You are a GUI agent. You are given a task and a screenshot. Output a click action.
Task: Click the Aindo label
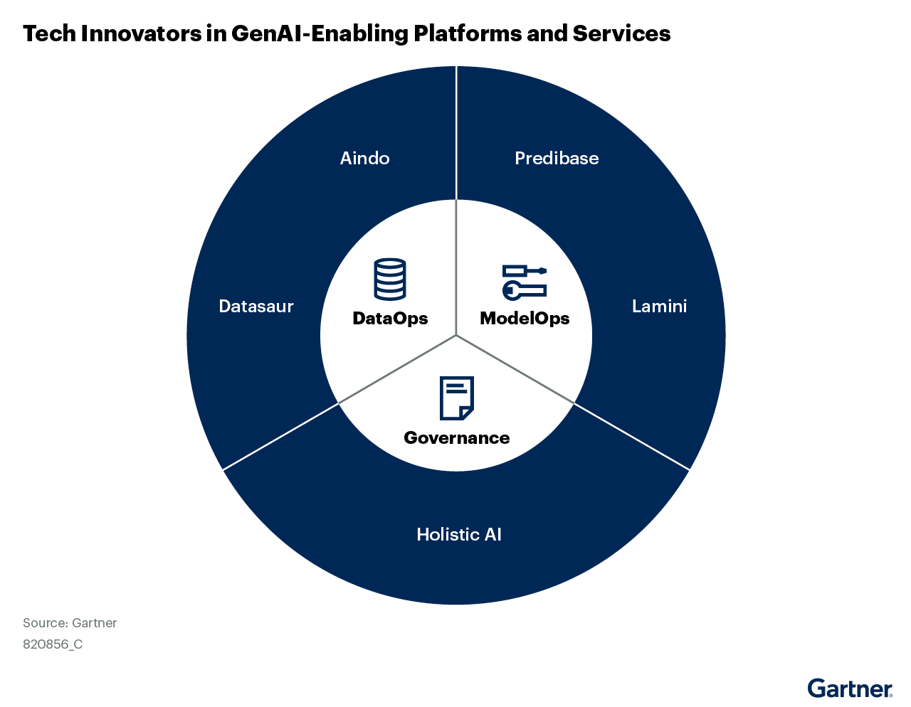pyautogui.click(x=364, y=158)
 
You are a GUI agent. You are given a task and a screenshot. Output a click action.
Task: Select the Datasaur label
pyautogui.click(x=256, y=307)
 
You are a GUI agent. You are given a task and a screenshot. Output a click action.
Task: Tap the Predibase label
pyautogui.click(x=557, y=158)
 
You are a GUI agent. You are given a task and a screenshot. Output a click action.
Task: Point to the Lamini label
pyautogui.click(x=659, y=307)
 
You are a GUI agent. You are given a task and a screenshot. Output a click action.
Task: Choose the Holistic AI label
pyautogui.click(x=459, y=534)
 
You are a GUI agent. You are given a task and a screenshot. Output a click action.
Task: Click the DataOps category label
pyautogui.click(x=390, y=318)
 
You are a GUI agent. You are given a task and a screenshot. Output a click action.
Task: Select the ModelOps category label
pyautogui.click(x=525, y=318)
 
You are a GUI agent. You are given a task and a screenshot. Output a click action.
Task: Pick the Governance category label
pyautogui.click(x=456, y=437)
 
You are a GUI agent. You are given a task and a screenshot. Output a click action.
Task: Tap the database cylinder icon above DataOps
pyautogui.click(x=390, y=279)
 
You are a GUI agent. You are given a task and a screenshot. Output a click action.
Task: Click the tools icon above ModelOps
pyautogui.click(x=525, y=281)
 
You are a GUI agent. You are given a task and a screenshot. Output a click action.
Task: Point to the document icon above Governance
pyautogui.click(x=456, y=398)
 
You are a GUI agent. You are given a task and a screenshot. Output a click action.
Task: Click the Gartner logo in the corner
pyautogui.click(x=850, y=689)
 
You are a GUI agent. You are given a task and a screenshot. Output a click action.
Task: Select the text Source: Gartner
pyautogui.click(x=70, y=623)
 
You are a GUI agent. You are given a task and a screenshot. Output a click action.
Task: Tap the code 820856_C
pyautogui.click(x=53, y=644)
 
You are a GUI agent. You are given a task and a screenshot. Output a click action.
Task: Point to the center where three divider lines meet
pyautogui.click(x=456, y=335)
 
